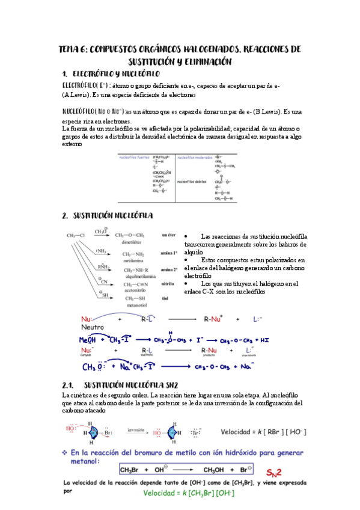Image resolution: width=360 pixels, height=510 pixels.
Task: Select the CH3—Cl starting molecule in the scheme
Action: click(76, 235)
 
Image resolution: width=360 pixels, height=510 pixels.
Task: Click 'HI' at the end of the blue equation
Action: click(264, 340)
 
